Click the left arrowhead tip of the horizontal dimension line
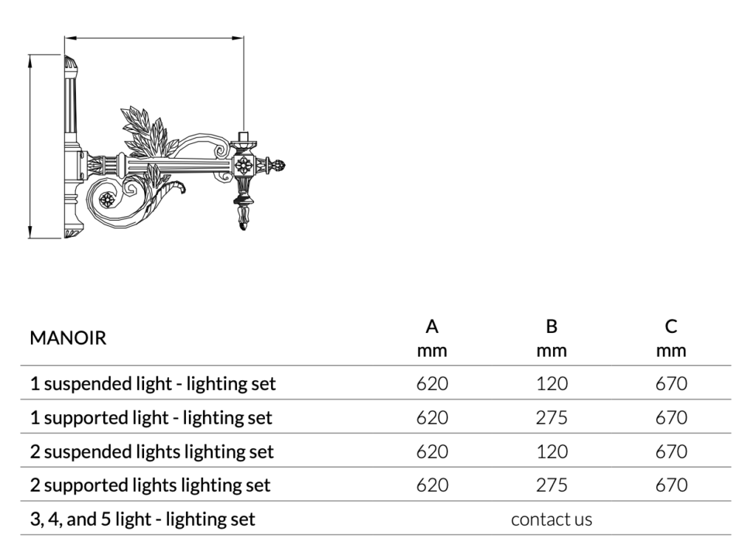[65, 38]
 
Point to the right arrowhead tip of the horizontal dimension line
[244, 38]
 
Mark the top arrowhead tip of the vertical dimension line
[30, 55]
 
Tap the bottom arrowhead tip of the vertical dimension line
[30, 238]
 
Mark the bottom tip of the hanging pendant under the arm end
[243, 230]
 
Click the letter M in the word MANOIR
[39, 338]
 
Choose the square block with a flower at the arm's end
[244, 165]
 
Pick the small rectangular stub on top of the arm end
[244, 136]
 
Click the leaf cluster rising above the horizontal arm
[145, 131]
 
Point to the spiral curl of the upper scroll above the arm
[220, 149]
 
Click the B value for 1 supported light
[551, 418]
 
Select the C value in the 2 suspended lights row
[671, 452]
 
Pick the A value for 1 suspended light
[432, 384]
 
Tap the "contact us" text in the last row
[551, 519]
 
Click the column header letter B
[551, 327]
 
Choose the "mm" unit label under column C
[671, 351]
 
